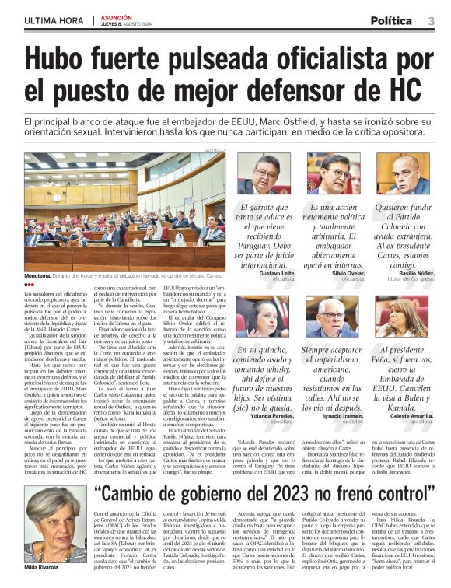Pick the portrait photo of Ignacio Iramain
coord(334,316)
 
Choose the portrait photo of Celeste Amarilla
coord(403,316)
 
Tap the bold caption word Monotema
coord(40,275)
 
